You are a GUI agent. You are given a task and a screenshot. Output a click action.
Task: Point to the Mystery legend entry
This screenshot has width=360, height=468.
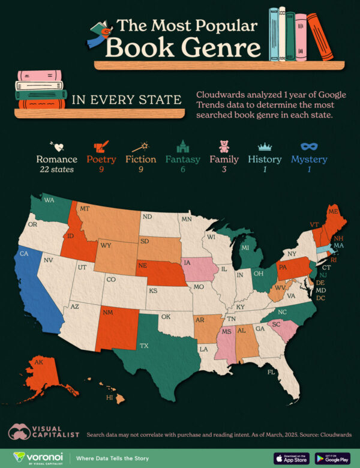point(309,160)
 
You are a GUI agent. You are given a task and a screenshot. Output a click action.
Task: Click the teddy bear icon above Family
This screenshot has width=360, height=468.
point(224,146)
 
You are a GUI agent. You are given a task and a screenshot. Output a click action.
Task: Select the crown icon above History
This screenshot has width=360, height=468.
point(265,146)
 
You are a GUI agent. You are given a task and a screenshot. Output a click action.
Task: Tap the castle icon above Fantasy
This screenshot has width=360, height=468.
point(182,146)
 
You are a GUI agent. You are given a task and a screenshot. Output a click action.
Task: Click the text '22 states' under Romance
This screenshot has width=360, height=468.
point(56,170)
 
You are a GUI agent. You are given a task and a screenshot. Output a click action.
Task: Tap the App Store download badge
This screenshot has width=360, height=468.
point(292,458)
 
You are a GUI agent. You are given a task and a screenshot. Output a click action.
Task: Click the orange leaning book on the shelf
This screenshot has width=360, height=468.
point(320,37)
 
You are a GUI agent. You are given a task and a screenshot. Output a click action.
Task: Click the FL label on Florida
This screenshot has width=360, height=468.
point(271,372)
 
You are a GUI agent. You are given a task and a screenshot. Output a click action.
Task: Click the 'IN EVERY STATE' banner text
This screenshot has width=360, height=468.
point(126,99)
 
